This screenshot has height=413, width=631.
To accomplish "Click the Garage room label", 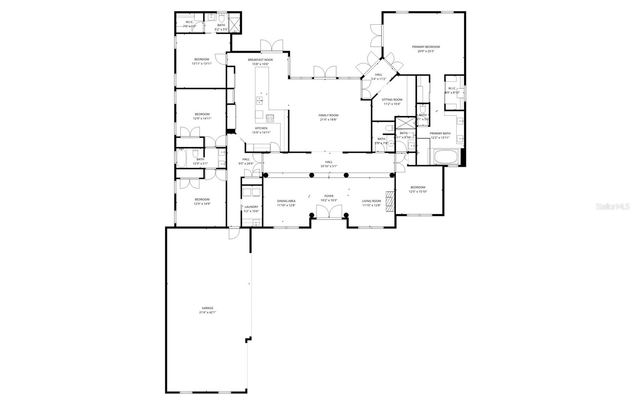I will coord(207,308).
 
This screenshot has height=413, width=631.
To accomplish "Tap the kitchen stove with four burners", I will coord(270,117).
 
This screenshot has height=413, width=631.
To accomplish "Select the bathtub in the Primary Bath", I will coord(446,157).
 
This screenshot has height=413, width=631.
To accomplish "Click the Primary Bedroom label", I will coord(426,47).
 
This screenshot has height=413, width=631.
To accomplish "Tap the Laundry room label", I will coord(251,207).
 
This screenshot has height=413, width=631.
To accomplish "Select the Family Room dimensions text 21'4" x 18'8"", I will coord(329,120).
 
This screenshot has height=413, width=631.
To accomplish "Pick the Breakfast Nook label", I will coord(260,60).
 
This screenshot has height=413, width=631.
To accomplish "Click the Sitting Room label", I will coord(392,100).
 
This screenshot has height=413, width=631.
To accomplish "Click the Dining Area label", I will coord(286,201).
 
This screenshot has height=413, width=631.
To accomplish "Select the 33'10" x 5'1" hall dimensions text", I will coord(329,166).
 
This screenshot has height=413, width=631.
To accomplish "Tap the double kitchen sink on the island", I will coord(260,101).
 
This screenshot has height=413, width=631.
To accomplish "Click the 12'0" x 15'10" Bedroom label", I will coord(418,187).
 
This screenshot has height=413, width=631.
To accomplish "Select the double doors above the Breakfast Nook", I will coord(272,45).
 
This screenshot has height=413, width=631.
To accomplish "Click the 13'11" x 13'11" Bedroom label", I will coord(202,59).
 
